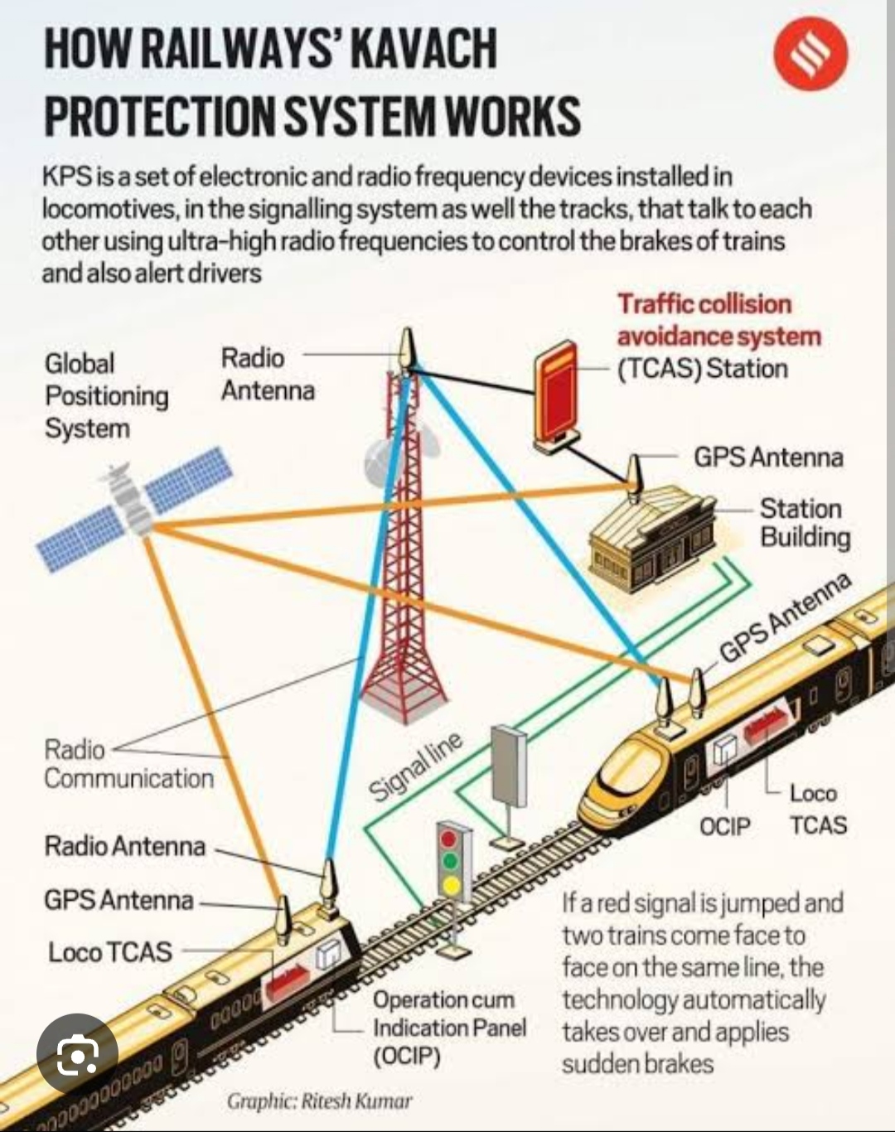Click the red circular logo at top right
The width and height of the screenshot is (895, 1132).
click(x=810, y=55)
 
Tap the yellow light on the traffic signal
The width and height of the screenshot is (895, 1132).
click(x=450, y=886)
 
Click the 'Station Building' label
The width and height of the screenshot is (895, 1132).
click(x=803, y=523)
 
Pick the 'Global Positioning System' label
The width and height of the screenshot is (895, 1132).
click(x=105, y=396)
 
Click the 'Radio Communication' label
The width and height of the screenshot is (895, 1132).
click(x=128, y=764)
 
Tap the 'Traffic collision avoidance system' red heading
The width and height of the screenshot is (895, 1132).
click(x=718, y=320)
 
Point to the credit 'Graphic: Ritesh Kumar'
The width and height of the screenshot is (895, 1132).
click(x=319, y=1101)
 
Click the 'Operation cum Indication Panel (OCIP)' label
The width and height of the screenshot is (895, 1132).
click(x=448, y=1028)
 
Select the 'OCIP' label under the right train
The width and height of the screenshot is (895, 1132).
click(x=724, y=826)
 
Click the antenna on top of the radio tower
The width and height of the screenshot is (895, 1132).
click(x=405, y=348)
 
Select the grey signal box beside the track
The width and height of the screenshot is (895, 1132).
click(x=508, y=767)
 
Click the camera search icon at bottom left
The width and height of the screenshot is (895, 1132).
click(x=77, y=1055)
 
